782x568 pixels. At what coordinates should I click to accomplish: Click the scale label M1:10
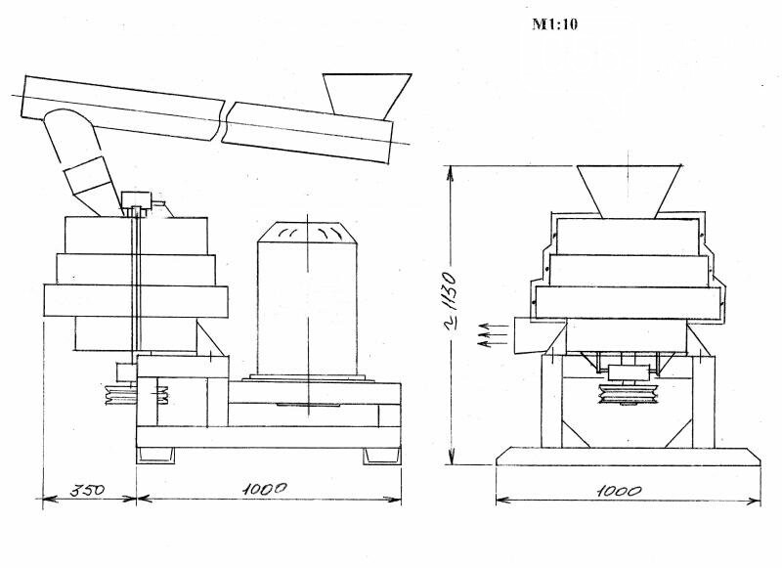coord(554,23)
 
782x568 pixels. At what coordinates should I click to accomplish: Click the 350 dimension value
coord(88,490)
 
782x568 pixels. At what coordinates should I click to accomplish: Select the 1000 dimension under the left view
coord(265,489)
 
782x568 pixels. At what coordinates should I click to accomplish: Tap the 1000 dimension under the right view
coord(620,491)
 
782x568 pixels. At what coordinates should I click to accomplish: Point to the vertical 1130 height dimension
coord(449,304)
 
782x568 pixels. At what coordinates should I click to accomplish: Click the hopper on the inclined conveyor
coord(367,97)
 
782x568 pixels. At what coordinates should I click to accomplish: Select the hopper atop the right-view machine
coord(629,192)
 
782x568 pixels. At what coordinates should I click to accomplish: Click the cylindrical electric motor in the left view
coord(307,299)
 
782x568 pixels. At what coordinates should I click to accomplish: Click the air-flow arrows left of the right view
coord(493,334)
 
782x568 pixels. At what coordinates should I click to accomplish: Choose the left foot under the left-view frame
coord(156,456)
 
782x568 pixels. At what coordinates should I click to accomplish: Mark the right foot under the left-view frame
coord(381,456)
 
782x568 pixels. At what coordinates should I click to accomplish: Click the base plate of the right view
coord(629,457)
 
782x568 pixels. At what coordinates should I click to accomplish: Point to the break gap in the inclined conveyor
coord(224,121)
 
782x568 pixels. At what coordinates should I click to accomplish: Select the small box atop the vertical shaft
coord(136,199)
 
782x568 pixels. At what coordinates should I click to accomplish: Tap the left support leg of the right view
coord(551,402)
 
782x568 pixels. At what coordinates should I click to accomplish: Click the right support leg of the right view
coord(703,402)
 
